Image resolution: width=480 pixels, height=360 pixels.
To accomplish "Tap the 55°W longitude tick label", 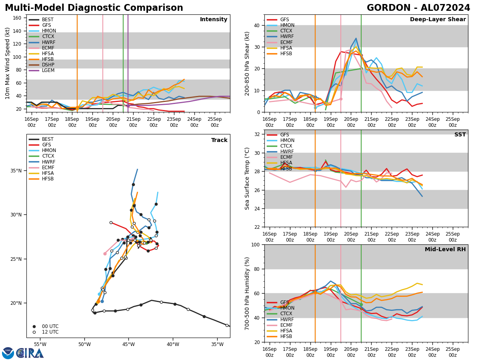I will tap(40, 344).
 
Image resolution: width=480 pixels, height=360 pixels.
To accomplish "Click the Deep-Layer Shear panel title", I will tap(438, 20).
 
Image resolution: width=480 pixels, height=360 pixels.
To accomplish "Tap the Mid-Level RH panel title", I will tap(445, 250).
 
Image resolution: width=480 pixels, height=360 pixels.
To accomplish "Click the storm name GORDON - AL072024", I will tap(418, 8).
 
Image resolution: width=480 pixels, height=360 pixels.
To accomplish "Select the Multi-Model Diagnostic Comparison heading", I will tap(94, 8).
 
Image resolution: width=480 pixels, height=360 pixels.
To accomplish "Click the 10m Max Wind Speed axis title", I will tap(8, 63).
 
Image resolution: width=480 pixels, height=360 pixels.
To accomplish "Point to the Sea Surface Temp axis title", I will tap(248, 178).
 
